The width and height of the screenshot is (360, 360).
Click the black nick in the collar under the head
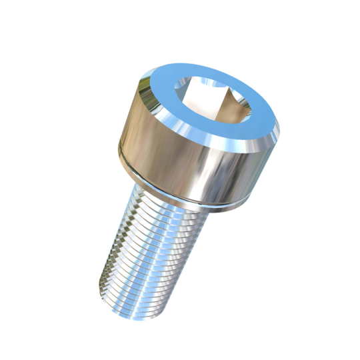pyautogui.click(x=200, y=201)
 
